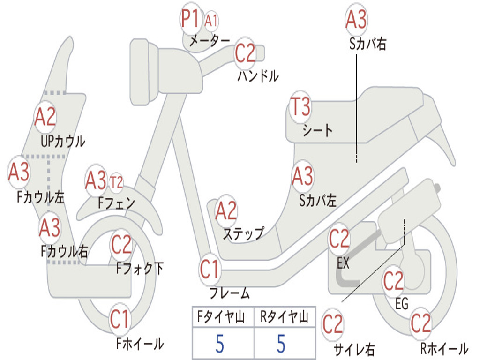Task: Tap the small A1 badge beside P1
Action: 211,21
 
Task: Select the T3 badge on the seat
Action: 300,107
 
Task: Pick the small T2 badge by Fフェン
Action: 116,183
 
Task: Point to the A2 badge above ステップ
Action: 226,211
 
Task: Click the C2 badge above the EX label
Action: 339,239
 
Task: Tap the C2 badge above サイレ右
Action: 332,324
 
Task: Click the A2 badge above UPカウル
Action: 45,117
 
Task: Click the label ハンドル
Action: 258,76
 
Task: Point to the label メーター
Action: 210,40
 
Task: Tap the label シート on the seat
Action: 317,130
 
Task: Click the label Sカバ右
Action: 367,44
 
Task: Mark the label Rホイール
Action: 444,348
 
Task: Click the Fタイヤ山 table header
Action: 221,316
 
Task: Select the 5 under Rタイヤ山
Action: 281,344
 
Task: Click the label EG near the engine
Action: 402,304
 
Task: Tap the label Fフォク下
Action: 140,268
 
